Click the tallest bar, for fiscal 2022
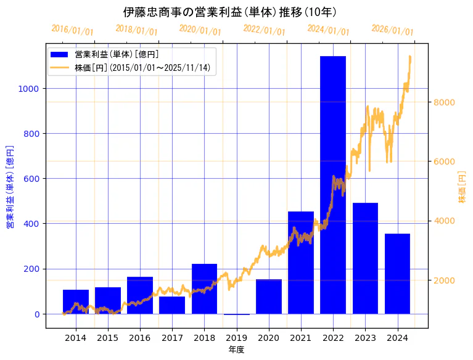(333, 185)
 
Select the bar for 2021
(301, 263)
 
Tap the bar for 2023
(365, 258)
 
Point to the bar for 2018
(204, 288)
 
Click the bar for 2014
(76, 301)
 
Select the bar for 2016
(140, 295)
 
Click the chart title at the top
(229, 12)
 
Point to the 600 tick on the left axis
(31, 179)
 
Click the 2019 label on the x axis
(237, 338)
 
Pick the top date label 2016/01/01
(72, 30)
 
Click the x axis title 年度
(236, 350)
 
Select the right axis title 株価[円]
(463, 186)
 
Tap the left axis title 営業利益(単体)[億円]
(9, 187)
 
